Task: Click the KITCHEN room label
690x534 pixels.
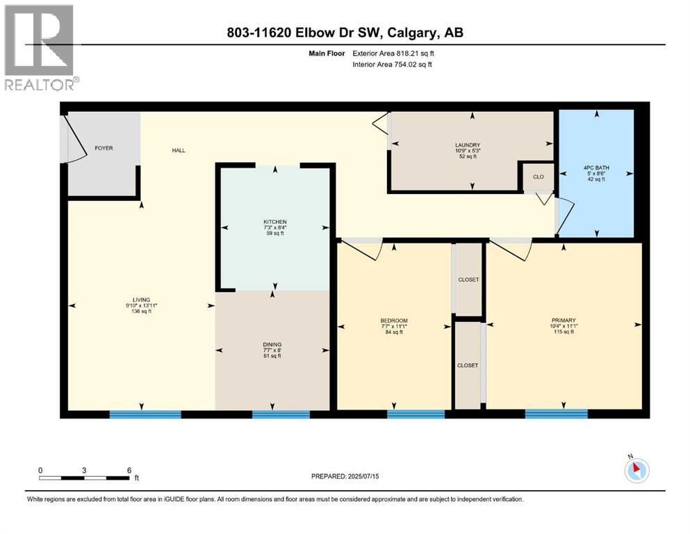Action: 274,222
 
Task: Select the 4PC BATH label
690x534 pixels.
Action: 596,167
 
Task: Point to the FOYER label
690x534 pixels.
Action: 104,148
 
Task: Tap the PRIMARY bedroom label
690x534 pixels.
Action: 564,320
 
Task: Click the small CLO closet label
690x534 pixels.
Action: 538,177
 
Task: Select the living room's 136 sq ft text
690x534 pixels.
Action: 141,311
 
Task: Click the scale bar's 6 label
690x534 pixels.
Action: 129,470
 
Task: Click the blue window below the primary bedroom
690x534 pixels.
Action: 556,414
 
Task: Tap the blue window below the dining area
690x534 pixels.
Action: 281,414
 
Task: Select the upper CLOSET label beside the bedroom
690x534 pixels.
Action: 468,280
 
